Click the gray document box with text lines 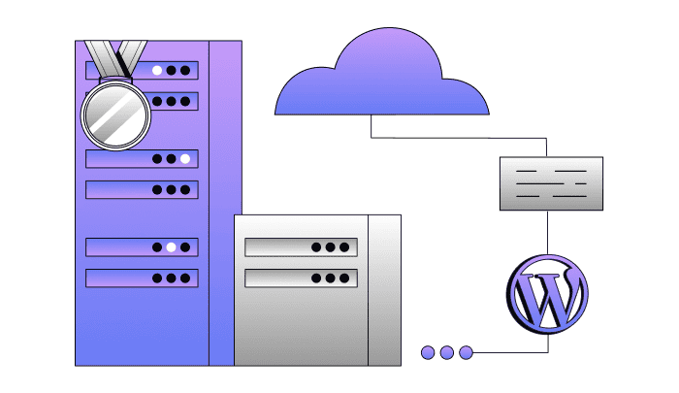click(x=550, y=183)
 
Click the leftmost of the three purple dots click(x=428, y=352)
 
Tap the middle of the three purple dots click(x=446, y=352)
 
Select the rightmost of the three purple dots click(x=466, y=352)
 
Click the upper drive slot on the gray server click(x=301, y=247)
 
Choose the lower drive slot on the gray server click(x=301, y=278)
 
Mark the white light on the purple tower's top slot click(x=156, y=71)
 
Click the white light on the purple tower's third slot click(x=185, y=158)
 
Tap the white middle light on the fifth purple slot click(x=171, y=247)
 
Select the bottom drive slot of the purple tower click(x=142, y=278)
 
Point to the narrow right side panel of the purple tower click(x=225, y=194)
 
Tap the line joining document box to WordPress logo click(x=548, y=233)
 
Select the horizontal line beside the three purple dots click(x=509, y=351)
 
